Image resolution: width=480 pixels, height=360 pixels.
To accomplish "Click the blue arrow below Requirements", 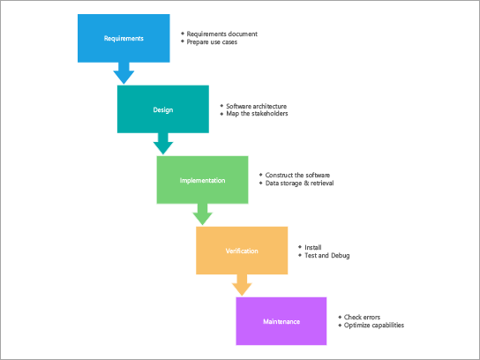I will pos(124,72).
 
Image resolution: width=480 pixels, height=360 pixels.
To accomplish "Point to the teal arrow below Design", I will pos(162,143).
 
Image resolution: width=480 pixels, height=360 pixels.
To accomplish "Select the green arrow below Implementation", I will pos(203,214).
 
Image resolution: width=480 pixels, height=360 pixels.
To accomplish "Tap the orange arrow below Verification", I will pos(242,285).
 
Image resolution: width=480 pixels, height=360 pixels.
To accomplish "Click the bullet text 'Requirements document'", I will pos(222,34).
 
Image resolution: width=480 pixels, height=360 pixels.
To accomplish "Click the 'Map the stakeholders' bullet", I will pos(257,114).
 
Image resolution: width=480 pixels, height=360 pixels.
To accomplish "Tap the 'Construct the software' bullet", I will pos(297,176).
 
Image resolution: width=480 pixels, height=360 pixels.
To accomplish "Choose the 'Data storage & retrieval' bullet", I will pos(299,184).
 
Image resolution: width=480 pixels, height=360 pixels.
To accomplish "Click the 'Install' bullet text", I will pos(313,247).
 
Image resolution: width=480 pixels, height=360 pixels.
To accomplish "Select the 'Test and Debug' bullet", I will pos(326,255).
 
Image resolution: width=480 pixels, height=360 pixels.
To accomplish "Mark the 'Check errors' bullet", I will pos(363,317).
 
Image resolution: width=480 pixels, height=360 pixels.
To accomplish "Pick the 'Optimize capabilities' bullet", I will pos(373,325).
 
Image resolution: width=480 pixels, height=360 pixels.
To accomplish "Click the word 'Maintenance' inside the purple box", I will pos(281,321).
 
